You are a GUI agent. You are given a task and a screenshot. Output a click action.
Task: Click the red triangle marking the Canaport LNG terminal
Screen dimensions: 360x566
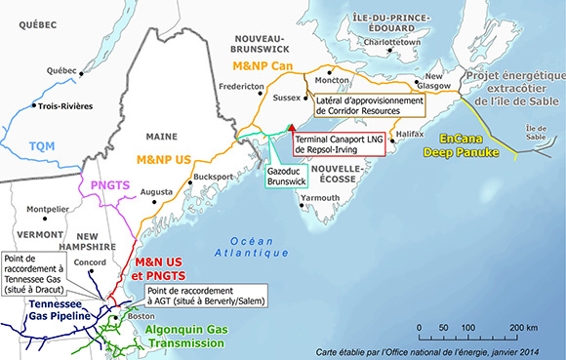point(291,128)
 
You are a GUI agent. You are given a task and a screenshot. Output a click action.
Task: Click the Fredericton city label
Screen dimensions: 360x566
point(242,87)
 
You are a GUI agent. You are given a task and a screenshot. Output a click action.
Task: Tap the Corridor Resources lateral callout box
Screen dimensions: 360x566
point(369,105)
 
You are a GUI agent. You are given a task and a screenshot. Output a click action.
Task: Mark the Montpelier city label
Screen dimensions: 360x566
point(48,209)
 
